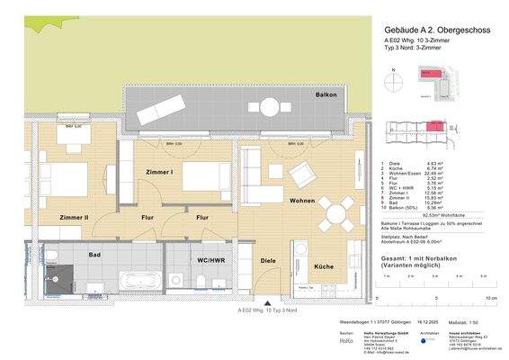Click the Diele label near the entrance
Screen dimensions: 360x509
(x=267, y=261)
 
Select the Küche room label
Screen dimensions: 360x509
(x=324, y=267)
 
